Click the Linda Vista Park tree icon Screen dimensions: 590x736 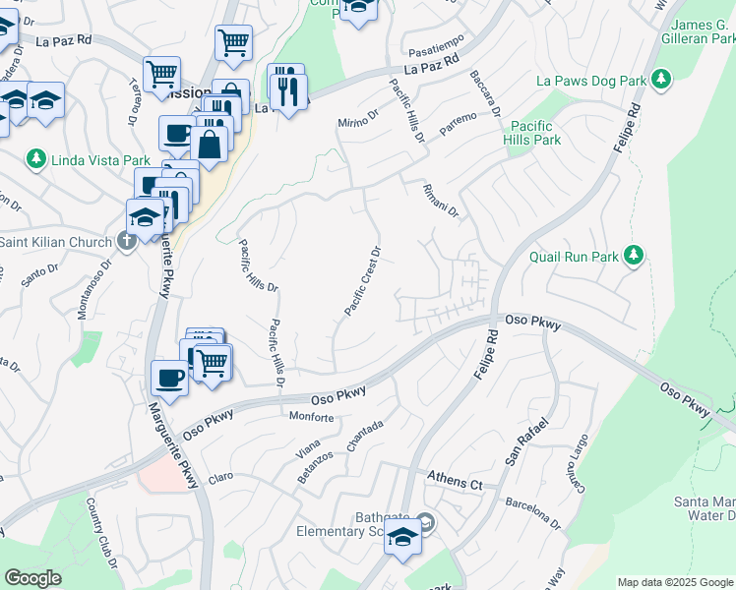pyautogui.click(x=36, y=158)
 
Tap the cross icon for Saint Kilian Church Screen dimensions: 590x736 pyautogui.click(x=127, y=242)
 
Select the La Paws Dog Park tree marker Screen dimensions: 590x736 pyautogui.click(x=662, y=78)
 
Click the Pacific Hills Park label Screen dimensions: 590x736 pyautogui.click(x=534, y=134)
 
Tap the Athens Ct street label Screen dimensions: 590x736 pyautogui.click(x=455, y=483)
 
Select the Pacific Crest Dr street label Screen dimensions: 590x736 pyautogui.click(x=362, y=280)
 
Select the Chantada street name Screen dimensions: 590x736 pyautogui.click(x=363, y=431)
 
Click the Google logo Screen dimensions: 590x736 pyautogui.click(x=32, y=578)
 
